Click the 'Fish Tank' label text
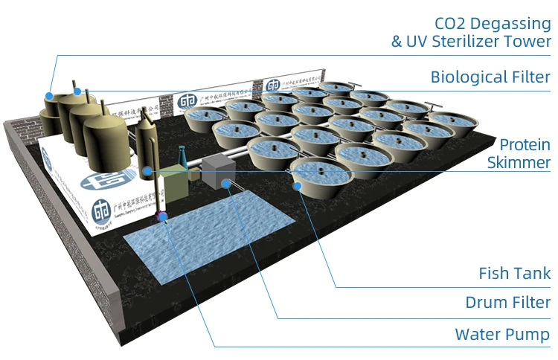tap(514, 274)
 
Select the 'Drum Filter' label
tap(508, 303)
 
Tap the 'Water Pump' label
tap(503, 334)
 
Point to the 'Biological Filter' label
tap(490, 77)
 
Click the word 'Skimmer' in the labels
tap(525, 162)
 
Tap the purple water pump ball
tap(163, 216)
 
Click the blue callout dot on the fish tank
tap(299, 184)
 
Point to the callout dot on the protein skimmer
tap(149, 171)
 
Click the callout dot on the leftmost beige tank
tap(48, 95)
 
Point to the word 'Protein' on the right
tap(525, 144)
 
